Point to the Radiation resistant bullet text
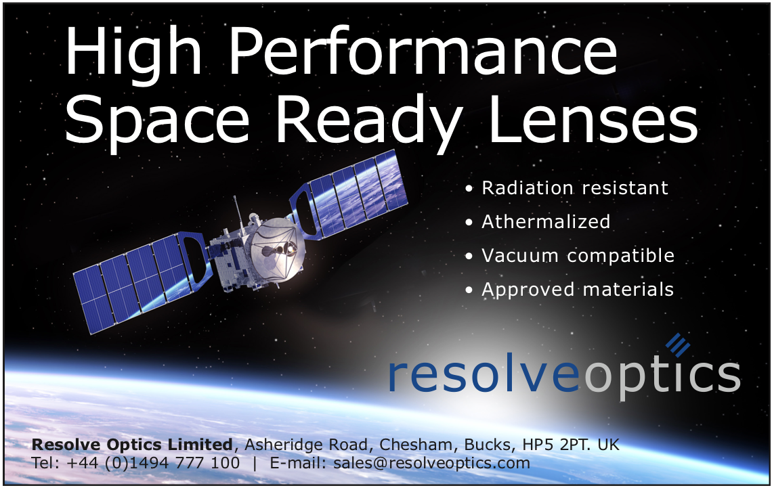[x=574, y=187]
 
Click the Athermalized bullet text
[x=546, y=221]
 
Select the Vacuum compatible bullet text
[x=578, y=255]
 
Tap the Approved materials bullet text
[x=578, y=290]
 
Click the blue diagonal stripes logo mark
[x=678, y=344]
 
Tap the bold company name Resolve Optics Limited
[x=132, y=444]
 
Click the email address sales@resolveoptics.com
[x=431, y=463]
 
